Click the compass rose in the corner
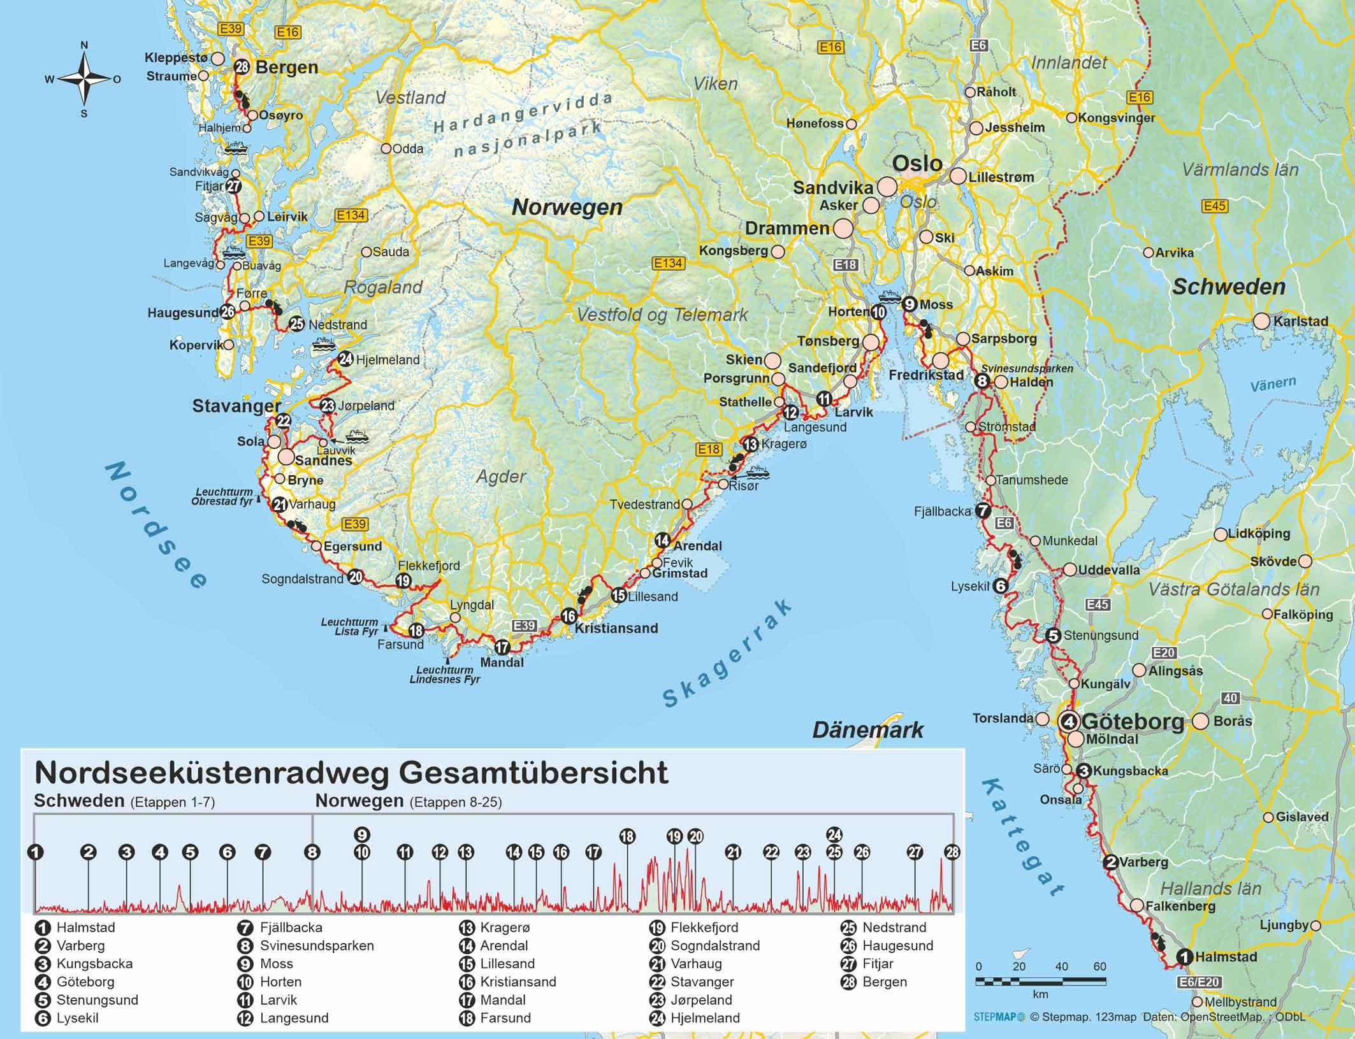tap(84, 79)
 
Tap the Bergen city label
tap(286, 68)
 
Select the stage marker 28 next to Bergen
tap(242, 67)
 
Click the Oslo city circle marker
tap(887, 187)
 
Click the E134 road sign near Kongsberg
tap(667, 263)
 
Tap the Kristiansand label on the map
tap(616, 628)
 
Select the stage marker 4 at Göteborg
tap(1069, 722)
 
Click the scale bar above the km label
tap(1040, 981)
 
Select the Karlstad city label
tap(1300, 321)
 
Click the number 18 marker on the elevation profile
tap(627, 836)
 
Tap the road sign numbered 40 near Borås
tap(1230, 698)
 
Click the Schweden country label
tap(1229, 287)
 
